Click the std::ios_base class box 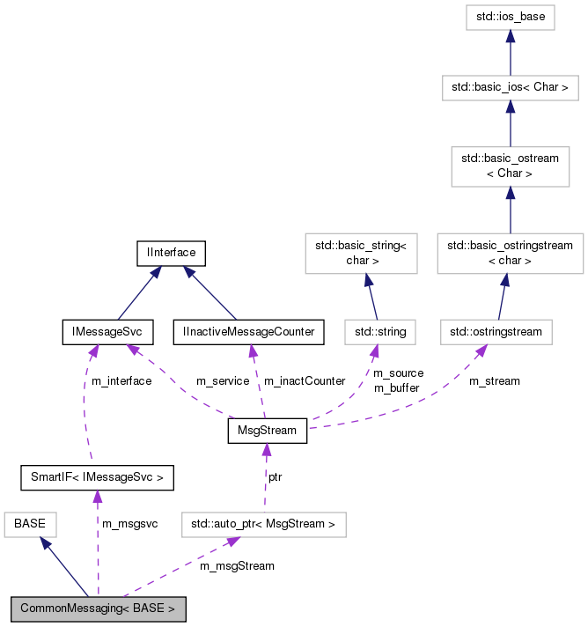pos(511,18)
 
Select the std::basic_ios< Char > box pos(511,87)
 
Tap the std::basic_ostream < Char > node pos(511,166)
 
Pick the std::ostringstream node pos(496,331)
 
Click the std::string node pos(379,331)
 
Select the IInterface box pos(171,253)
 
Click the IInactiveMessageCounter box pos(248,331)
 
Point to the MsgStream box pos(267,431)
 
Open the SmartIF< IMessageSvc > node pos(97,478)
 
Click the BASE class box pos(30,525)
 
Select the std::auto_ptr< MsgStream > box pos(263,525)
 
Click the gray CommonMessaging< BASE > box pos(99,608)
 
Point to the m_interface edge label pos(121,380)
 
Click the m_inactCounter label pos(305,380)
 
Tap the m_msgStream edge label pos(237,565)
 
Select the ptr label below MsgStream pos(276,476)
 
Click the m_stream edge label pos(494,380)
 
